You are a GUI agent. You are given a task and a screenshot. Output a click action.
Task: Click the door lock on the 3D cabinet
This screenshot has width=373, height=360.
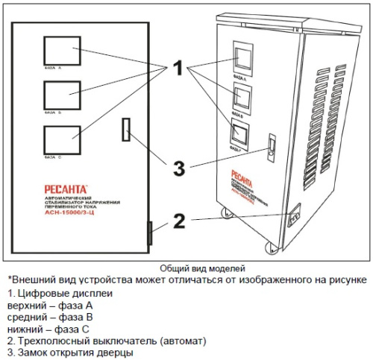pos(272,142)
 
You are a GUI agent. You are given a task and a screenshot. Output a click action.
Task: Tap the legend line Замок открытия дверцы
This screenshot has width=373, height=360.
pos(70,352)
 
